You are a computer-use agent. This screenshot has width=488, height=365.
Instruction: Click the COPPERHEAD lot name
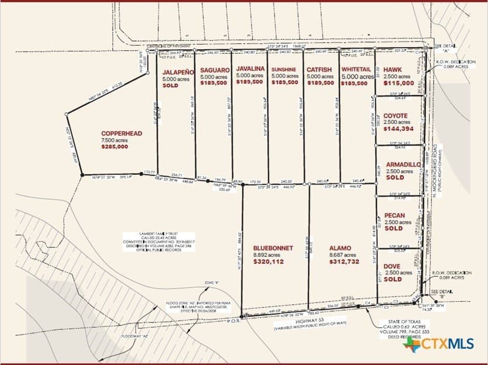pyautogui.click(x=121, y=133)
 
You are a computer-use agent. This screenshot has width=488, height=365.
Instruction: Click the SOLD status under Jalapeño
pyautogui.click(x=170, y=85)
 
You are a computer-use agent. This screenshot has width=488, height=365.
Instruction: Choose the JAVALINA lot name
pyautogui.click(x=250, y=68)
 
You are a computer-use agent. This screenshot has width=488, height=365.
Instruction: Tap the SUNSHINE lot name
pyautogui.click(x=285, y=70)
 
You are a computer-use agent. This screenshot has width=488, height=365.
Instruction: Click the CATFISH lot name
pyautogui.click(x=320, y=69)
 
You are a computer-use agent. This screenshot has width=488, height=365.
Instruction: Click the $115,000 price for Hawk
pyautogui.click(x=399, y=83)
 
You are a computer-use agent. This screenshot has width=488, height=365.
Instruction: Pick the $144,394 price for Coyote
pyautogui.click(x=399, y=128)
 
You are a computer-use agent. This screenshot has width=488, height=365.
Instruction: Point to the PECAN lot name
pyautogui.click(x=394, y=215)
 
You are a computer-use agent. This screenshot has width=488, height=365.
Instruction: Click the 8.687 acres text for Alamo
pyautogui.click(x=340, y=255)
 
